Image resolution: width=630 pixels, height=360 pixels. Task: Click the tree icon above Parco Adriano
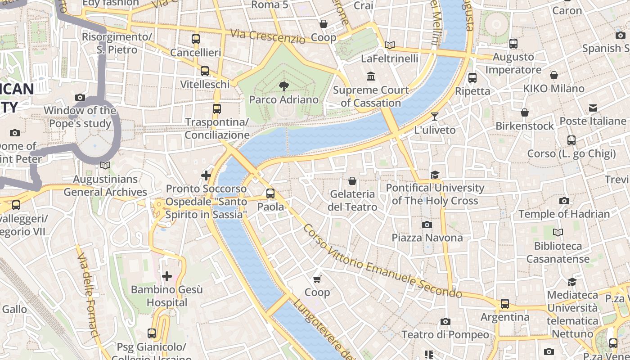pos(283,85)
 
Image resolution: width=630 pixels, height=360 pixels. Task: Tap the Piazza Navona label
pos(427,238)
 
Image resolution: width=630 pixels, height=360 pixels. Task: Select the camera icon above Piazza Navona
pos(427,225)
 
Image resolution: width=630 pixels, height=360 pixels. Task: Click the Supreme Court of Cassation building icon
pos(371,76)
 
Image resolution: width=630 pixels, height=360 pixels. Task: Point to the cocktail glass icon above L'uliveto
pos(434,117)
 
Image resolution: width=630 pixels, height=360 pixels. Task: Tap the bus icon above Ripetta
pos(472,77)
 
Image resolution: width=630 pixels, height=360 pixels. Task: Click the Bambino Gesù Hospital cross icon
pos(167,276)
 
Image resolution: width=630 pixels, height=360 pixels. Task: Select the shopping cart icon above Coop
pos(317,279)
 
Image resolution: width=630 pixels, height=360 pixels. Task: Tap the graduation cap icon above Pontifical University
pos(435,175)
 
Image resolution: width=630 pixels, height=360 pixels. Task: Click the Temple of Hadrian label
pos(564,214)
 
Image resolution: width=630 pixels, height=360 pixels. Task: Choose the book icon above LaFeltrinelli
pos(390,45)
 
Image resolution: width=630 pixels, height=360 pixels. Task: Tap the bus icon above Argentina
pos(505,304)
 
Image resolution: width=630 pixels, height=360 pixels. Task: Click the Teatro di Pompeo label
pos(445,334)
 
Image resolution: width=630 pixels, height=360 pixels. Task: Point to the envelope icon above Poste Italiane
pos(593,108)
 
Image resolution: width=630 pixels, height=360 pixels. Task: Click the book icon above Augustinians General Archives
pos(105,166)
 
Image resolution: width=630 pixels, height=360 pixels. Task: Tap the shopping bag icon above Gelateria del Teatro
pos(352,181)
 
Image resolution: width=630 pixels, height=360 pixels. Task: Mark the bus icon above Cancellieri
pos(195,39)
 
